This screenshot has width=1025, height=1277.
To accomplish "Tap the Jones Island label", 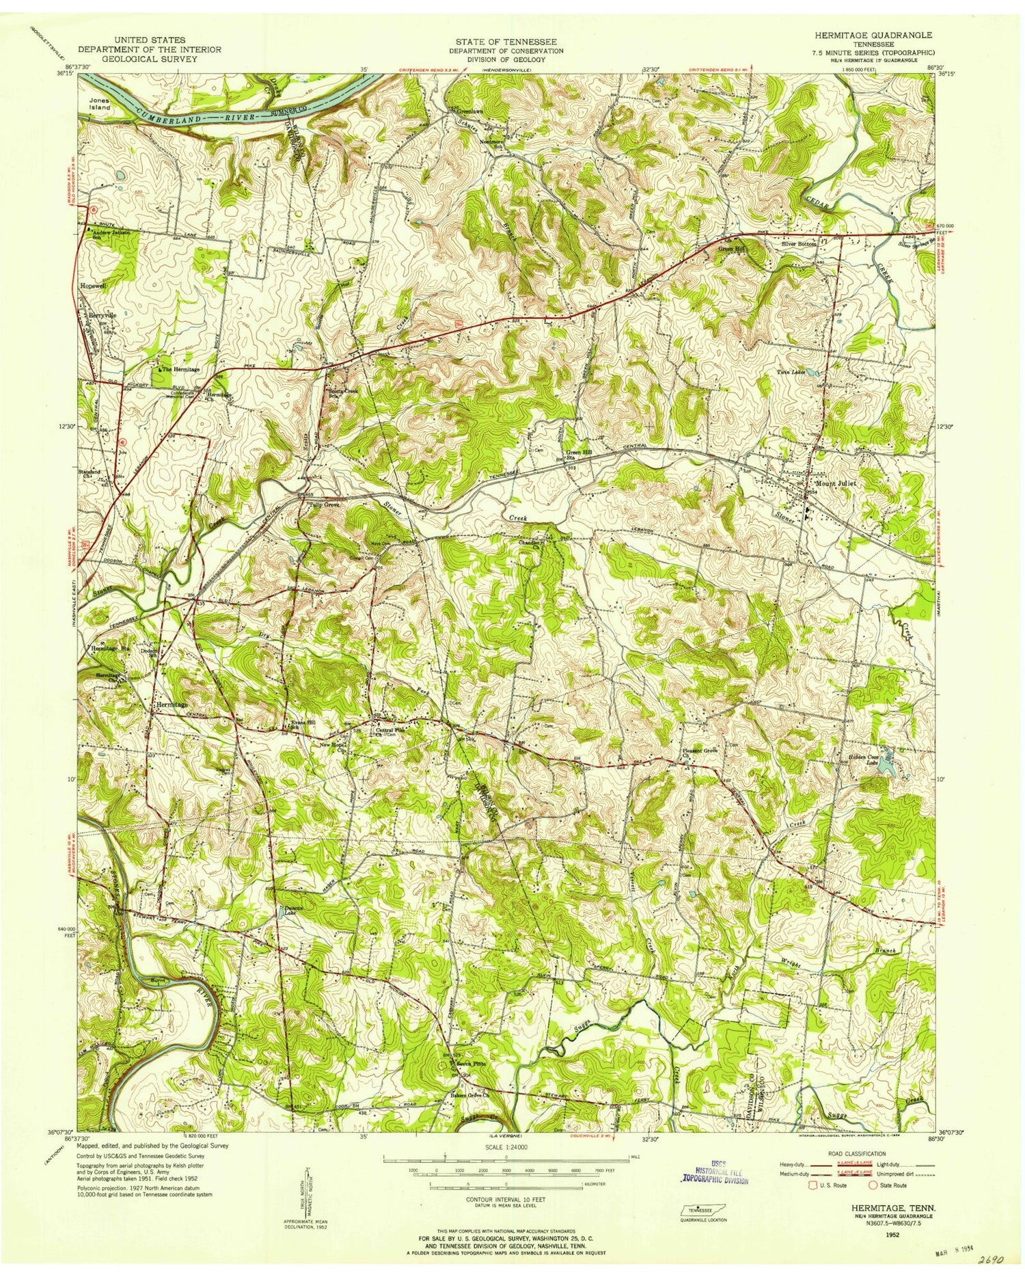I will tap(99, 103).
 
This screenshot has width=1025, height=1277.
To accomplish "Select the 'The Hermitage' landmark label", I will tap(181, 369).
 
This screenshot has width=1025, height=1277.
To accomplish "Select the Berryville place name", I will tap(102, 315).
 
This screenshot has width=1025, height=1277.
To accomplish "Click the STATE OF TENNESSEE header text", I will tap(506, 42).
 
